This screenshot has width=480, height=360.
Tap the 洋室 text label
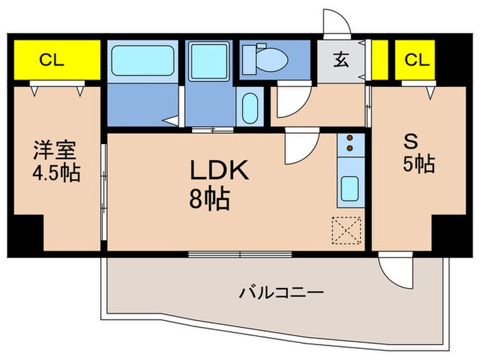[x=51, y=149]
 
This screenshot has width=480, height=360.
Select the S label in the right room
[x=411, y=141]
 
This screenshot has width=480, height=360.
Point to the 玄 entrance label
[x=341, y=60]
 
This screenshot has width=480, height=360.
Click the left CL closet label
[x=51, y=60]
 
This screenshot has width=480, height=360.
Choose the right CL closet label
[x=416, y=60]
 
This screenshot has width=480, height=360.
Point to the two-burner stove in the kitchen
[x=350, y=143]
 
